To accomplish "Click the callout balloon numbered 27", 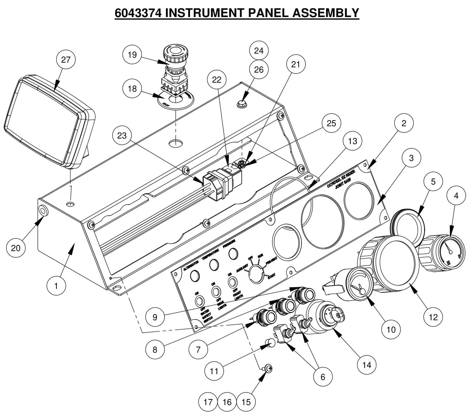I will pyautogui.click(x=66, y=60).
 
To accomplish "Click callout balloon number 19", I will pyautogui.click(x=132, y=55).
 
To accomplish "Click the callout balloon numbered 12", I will pyautogui.click(x=433, y=317).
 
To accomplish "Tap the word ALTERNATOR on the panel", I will pyautogui.click(x=191, y=264).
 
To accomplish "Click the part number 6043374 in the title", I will pyautogui.click(x=138, y=13).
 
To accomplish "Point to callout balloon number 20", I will pyautogui.click(x=16, y=248).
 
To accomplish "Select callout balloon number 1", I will pyautogui.click(x=56, y=286).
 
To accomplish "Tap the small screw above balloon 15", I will pyautogui.click(x=268, y=368).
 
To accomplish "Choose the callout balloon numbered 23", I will pyautogui.click(x=122, y=135).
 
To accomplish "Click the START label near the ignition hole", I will pyautogui.click(x=271, y=275).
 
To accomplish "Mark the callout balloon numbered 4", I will pyautogui.click(x=456, y=196).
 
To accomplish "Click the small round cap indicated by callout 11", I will pyautogui.click(x=271, y=343).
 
